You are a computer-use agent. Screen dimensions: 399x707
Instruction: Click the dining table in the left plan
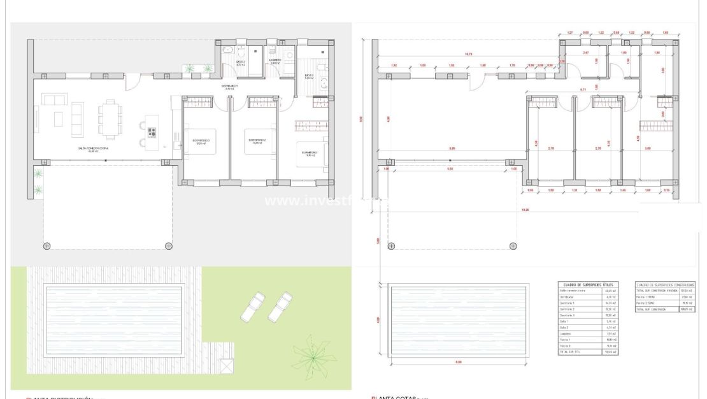[108, 119]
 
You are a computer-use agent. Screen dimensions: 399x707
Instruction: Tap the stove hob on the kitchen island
[152, 133]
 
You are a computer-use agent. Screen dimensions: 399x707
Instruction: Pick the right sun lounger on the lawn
[279, 306]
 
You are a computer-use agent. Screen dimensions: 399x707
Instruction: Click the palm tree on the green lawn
[314, 356]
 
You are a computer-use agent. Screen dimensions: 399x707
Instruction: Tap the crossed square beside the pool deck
[226, 367]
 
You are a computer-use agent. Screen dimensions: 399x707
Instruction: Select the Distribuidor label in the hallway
[229, 86]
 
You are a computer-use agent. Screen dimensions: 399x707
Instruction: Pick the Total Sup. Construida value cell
[687, 309]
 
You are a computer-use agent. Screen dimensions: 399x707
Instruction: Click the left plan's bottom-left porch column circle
[46, 245]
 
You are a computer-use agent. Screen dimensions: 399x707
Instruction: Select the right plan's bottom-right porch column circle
[514, 245]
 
